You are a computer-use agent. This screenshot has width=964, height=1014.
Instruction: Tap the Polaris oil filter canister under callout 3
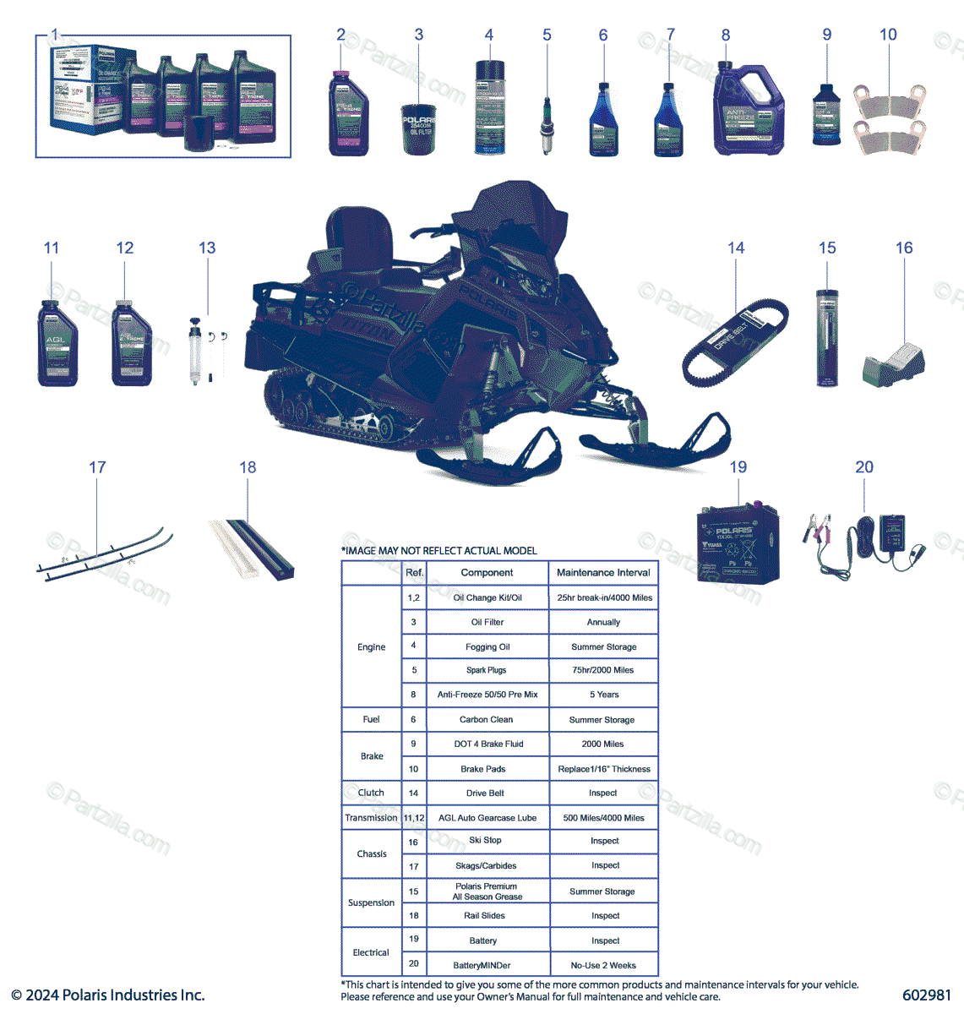coord(419,128)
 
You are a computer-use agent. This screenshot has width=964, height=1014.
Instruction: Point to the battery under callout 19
coord(738,544)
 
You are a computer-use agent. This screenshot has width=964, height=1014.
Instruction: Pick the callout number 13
coord(207,248)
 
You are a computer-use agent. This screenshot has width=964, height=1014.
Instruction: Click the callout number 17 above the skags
coord(97,467)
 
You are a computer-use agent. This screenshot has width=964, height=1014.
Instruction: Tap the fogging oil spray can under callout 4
coord(489,107)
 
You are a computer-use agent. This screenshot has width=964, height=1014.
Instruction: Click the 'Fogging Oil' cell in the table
coord(487,647)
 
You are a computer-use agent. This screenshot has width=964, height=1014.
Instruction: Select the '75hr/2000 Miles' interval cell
coord(602,670)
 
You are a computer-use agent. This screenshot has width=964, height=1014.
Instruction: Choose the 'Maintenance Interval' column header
coord(603,572)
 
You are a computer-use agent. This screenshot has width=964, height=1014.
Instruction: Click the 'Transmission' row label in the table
coord(371,818)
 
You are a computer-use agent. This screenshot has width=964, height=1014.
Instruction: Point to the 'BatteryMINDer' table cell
coord(482,965)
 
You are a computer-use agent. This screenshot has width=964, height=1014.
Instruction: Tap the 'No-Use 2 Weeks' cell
coord(603,965)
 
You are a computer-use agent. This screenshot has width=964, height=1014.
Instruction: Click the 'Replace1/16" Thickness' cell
coord(604,769)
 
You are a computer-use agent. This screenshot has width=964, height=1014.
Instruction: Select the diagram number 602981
coord(926,995)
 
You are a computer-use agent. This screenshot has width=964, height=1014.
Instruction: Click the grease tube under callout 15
coord(827,338)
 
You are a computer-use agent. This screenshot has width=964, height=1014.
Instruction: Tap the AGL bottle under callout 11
coord(57,345)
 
